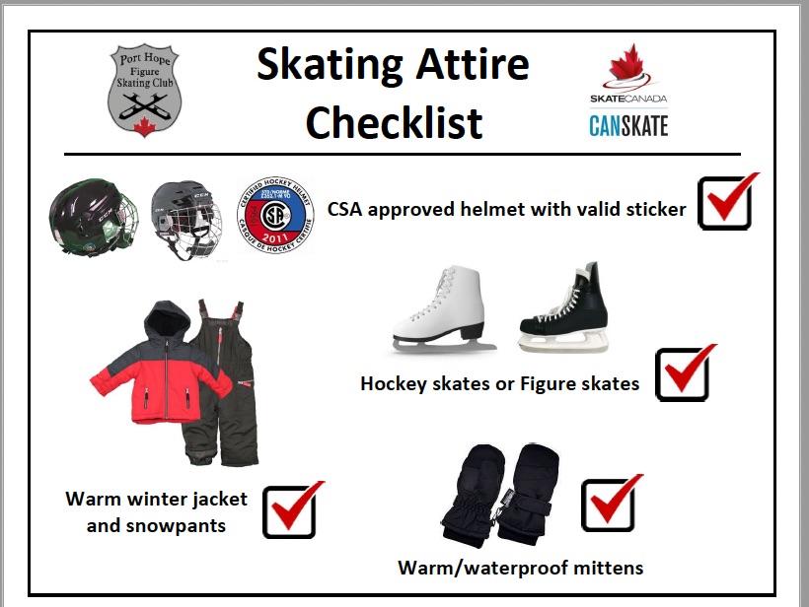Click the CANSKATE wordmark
628,125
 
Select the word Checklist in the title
395,122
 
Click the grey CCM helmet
185,217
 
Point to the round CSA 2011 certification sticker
275,216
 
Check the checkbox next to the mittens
609,506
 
